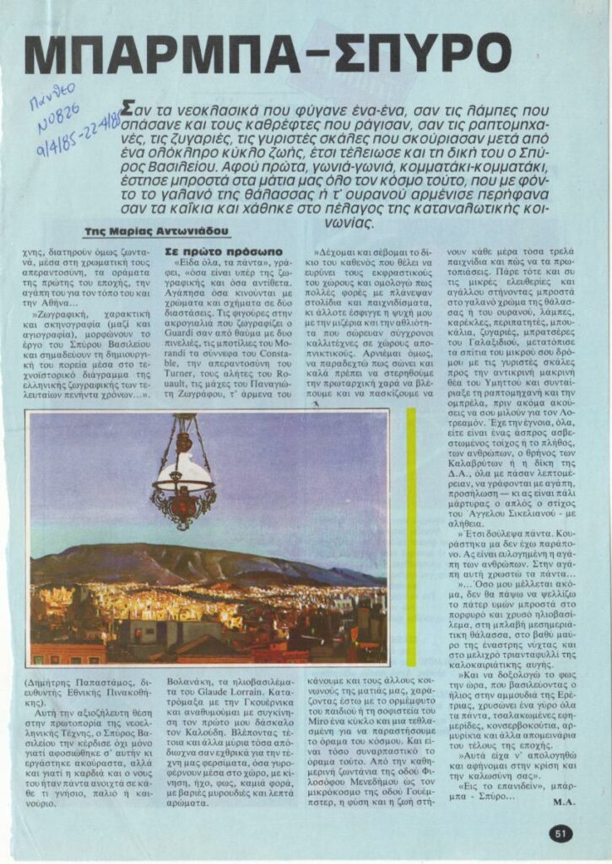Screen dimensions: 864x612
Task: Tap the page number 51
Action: (x=562, y=834)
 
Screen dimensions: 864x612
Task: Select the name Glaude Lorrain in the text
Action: (x=256, y=694)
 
